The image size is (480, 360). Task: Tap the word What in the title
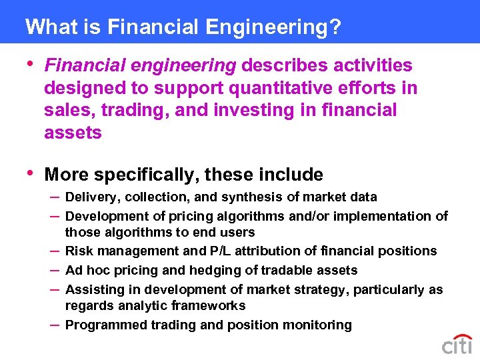(47, 27)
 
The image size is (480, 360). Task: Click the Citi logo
(457, 345)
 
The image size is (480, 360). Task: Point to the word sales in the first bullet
(64, 110)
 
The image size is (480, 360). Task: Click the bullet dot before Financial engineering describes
(27, 64)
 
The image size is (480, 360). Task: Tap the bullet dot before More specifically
(27, 173)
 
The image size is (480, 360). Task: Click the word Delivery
(90, 197)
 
